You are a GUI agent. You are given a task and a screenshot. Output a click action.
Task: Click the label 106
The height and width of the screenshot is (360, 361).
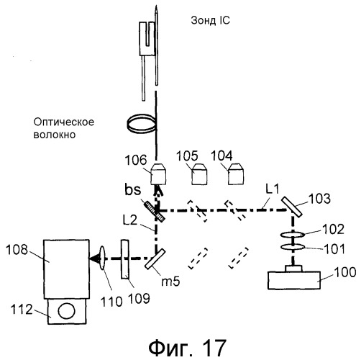136,160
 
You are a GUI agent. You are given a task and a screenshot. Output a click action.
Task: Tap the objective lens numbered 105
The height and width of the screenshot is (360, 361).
199,174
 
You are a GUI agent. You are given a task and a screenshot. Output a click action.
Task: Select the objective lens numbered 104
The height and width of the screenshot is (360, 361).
236,174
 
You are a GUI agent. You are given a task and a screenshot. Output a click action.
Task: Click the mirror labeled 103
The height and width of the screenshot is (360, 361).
292,207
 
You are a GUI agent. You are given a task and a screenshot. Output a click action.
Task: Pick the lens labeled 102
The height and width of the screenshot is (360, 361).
293,235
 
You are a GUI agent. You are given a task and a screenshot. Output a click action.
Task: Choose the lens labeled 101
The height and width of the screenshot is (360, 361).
293,247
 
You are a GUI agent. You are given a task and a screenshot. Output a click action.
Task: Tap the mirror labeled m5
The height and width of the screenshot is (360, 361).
155,258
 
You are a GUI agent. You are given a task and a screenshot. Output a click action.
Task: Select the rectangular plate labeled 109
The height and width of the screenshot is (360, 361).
125,259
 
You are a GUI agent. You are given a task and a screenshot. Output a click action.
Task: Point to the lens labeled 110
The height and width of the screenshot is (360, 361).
103,258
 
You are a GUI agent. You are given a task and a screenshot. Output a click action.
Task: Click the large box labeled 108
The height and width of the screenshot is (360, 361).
66,269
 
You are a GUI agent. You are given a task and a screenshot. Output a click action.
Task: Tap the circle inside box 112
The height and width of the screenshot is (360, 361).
66,311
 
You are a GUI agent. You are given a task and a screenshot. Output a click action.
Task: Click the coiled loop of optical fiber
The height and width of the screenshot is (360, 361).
142,123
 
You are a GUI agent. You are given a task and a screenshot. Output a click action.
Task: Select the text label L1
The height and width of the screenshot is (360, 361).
273,189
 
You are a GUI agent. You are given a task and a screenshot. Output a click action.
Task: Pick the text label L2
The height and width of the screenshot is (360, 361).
129,220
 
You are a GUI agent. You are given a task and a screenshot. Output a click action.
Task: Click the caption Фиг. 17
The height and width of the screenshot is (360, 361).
187,347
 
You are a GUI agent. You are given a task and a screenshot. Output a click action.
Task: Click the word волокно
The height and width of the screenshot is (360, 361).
55,135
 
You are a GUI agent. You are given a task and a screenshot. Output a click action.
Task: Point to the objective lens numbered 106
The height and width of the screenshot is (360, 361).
158,174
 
